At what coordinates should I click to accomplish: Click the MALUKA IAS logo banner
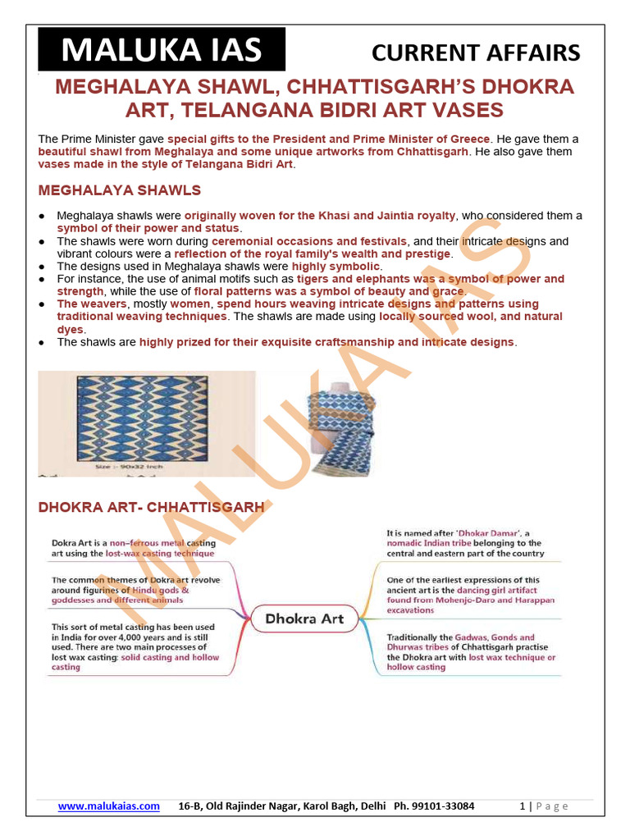(162, 50)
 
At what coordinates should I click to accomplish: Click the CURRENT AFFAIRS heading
(476, 53)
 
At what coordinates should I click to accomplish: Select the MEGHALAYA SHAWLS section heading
(120, 191)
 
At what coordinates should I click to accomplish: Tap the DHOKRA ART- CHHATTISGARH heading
(151, 508)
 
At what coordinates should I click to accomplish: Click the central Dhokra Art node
(304, 619)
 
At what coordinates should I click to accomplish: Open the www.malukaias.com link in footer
(108, 806)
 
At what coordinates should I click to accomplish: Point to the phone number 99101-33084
(447, 806)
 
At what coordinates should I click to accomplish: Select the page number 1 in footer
(522, 806)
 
